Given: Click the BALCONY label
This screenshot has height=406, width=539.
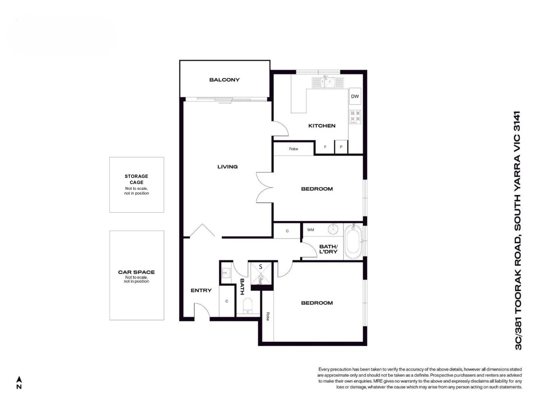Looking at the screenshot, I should (224, 80).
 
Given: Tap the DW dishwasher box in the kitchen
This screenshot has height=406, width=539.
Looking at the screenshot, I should (355, 96).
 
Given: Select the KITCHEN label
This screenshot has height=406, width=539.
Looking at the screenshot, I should (322, 126).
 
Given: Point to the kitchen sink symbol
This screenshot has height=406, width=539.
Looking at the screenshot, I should (327, 82).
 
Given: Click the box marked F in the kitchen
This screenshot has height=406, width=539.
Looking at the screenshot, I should (325, 147).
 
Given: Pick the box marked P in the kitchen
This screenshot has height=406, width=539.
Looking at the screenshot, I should (341, 147).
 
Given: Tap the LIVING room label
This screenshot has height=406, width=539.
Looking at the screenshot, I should (227, 167).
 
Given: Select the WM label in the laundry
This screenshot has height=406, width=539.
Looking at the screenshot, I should (310, 230).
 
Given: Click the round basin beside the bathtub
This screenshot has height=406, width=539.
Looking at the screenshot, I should (333, 229).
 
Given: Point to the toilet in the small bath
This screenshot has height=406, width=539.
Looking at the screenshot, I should (247, 305).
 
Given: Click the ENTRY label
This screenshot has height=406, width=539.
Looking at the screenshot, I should (201, 290).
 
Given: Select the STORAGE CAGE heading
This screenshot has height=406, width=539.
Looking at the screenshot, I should (136, 179).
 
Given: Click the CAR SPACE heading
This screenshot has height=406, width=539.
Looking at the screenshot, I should (136, 272).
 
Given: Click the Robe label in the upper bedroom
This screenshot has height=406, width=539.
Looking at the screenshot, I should (294, 149).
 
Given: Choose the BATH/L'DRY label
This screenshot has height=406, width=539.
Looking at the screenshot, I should (328, 249).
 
